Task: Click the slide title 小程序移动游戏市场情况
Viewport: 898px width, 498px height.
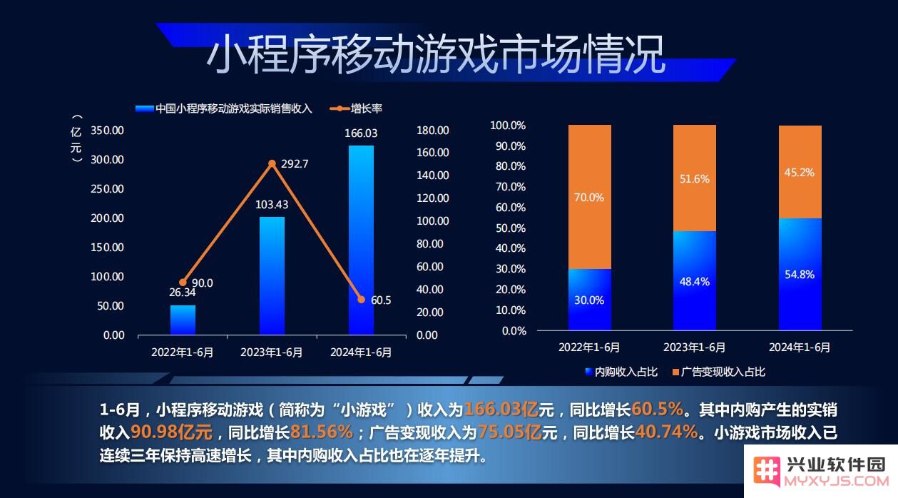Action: (x=436, y=54)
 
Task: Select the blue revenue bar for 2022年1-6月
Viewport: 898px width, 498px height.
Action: (x=183, y=320)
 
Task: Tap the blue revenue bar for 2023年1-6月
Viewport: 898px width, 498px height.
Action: (x=272, y=275)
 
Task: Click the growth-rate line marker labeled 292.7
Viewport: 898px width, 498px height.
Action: (x=272, y=163)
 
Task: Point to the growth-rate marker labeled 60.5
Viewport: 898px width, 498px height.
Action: (x=361, y=300)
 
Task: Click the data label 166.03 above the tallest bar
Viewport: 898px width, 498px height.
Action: (x=361, y=133)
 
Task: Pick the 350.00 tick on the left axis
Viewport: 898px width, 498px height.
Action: (x=107, y=131)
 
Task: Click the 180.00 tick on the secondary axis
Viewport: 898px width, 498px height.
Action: (x=432, y=131)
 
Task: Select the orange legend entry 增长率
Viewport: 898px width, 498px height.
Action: (x=356, y=108)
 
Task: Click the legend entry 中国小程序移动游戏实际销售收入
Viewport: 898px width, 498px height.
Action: (x=224, y=108)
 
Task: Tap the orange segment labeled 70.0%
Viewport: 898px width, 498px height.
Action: (x=590, y=197)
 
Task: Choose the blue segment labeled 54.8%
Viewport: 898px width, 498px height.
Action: (x=800, y=274)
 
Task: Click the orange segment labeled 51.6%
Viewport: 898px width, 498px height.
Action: (x=695, y=178)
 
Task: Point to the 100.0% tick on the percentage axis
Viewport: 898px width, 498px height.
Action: (x=508, y=126)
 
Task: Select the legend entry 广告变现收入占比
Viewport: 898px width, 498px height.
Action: (x=719, y=372)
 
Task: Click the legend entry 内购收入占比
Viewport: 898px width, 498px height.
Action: (x=621, y=372)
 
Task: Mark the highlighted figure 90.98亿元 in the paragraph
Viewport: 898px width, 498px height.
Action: (x=172, y=432)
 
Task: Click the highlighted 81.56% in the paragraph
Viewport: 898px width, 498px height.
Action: (x=322, y=432)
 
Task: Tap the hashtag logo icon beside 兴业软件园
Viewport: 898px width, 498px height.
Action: (x=767, y=471)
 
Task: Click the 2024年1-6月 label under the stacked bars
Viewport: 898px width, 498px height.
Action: (x=800, y=347)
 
